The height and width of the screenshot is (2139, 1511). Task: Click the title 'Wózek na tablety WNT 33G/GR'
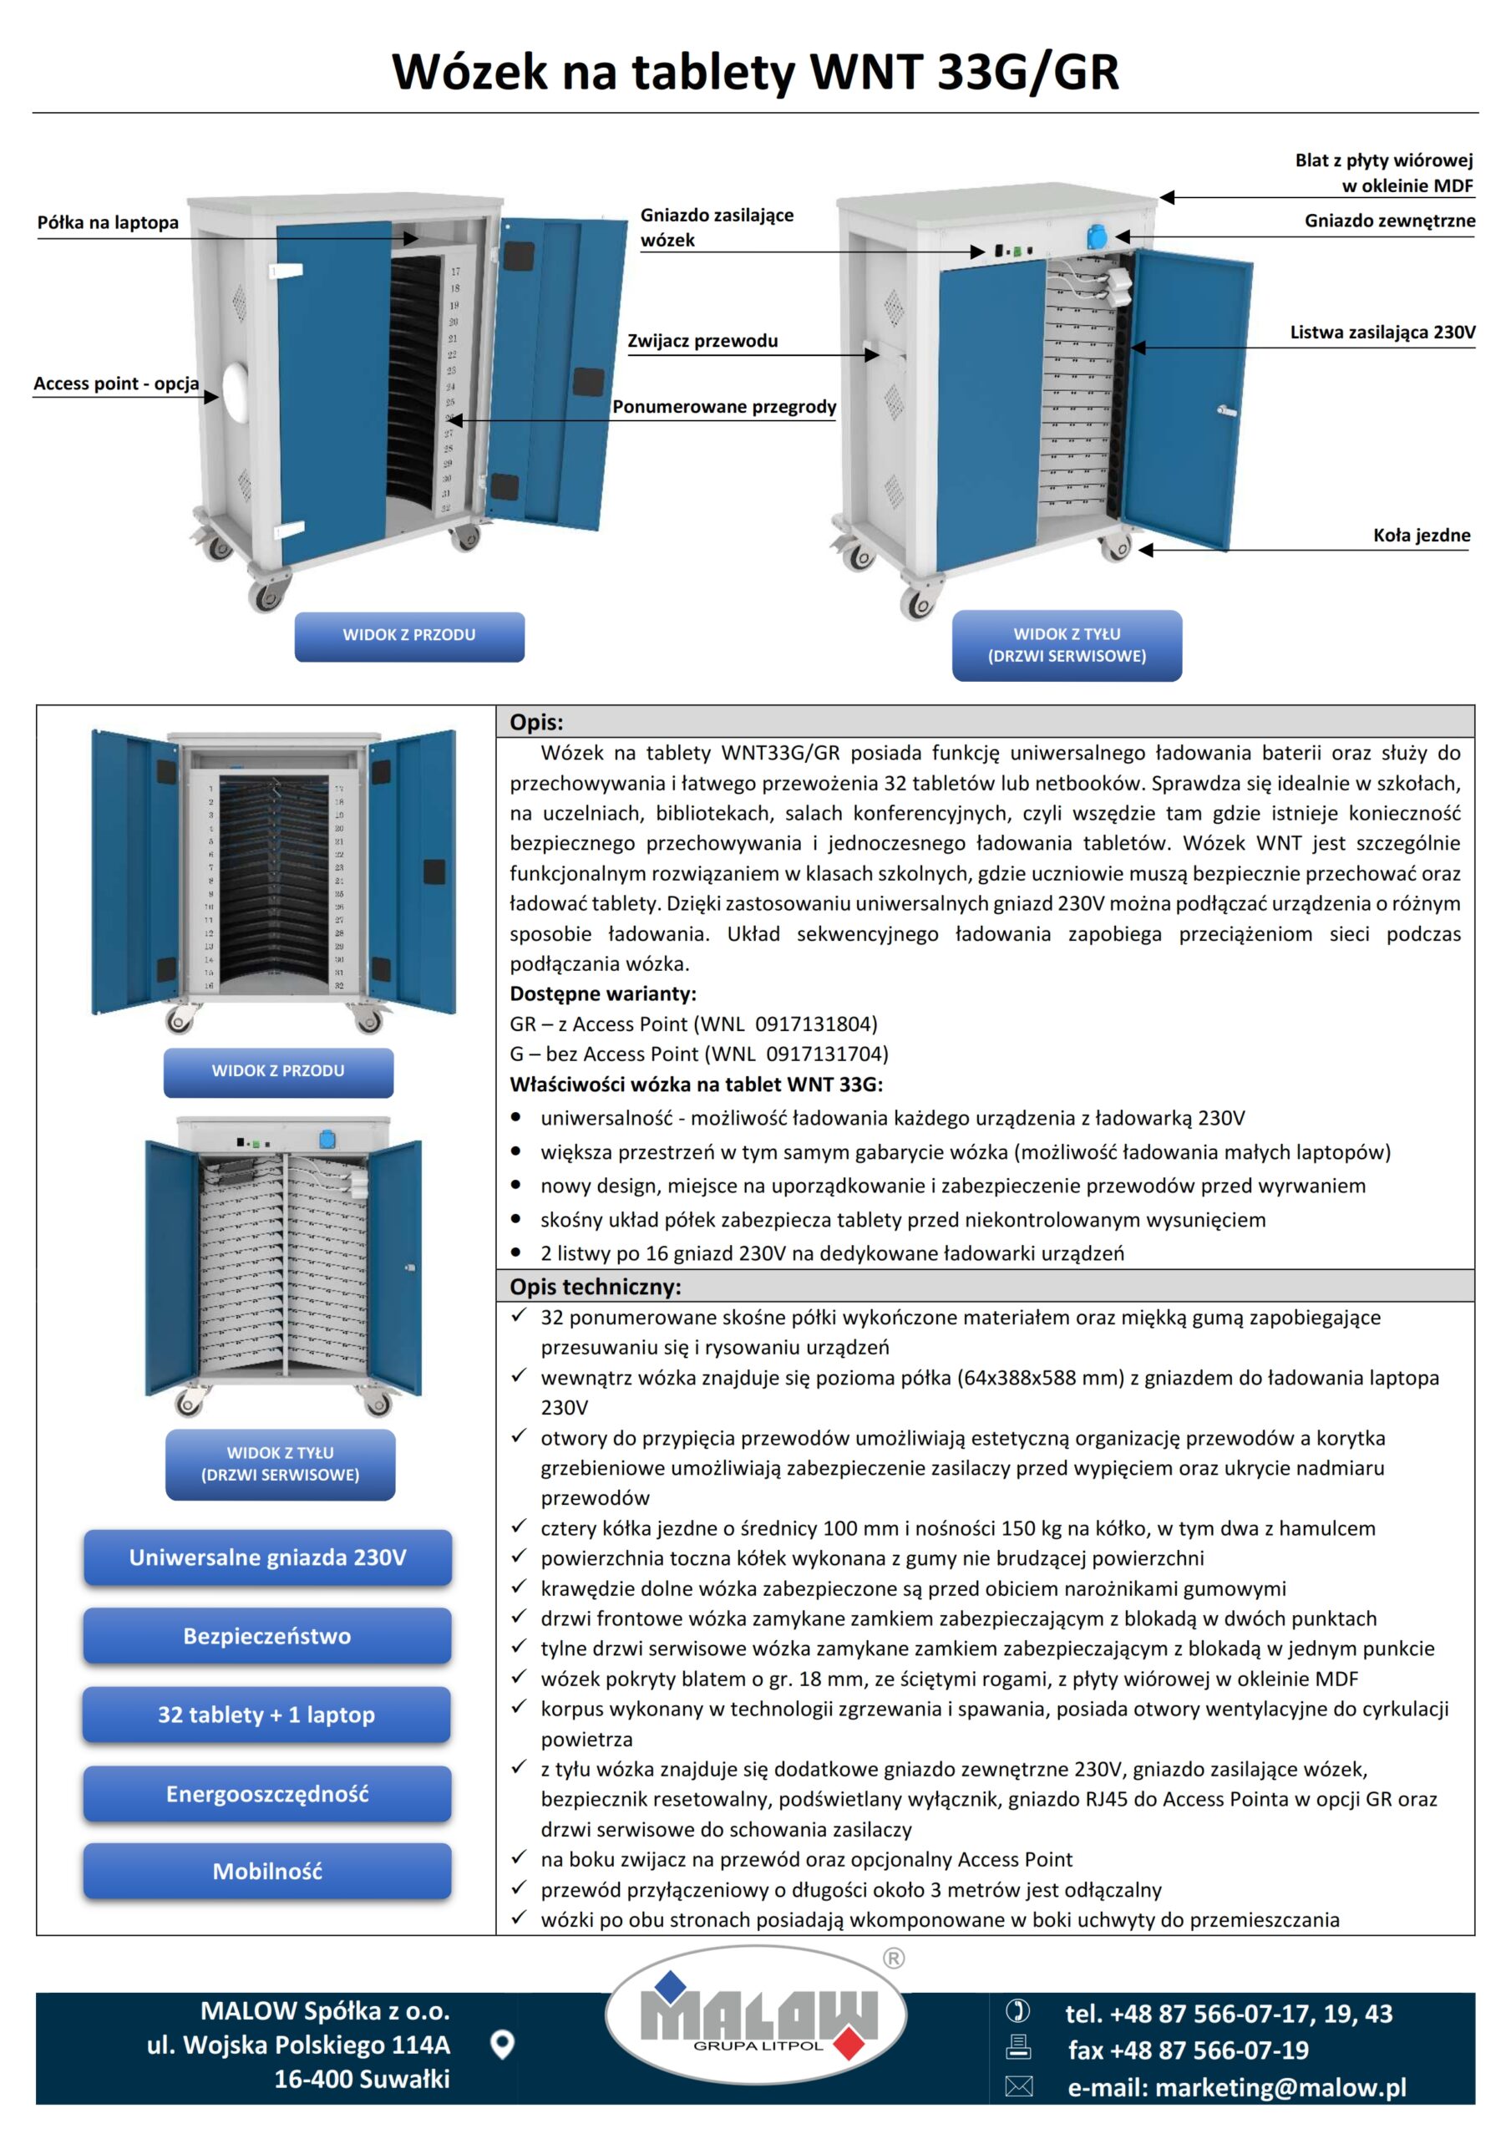point(754,72)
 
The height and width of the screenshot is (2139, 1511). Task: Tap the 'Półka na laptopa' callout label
point(107,222)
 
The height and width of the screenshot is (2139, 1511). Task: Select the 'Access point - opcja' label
point(115,384)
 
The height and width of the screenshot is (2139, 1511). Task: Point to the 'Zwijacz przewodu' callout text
point(702,341)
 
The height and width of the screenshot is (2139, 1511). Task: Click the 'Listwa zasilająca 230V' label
point(1382,333)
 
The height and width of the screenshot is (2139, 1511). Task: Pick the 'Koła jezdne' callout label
point(1421,536)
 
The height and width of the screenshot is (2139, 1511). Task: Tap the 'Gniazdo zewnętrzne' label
point(1389,221)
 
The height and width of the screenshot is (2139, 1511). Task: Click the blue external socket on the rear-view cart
point(1098,236)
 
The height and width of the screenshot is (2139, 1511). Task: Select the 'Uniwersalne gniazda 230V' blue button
point(267,1558)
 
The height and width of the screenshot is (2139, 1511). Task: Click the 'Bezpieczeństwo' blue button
point(267,1637)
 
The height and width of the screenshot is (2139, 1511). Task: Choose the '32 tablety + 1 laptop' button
point(266,1715)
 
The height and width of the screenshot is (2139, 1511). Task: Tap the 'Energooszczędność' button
point(267,1794)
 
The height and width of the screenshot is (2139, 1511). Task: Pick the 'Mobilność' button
point(267,1872)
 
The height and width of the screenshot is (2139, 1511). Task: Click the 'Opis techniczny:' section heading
point(596,1287)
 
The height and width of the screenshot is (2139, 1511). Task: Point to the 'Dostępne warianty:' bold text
point(603,993)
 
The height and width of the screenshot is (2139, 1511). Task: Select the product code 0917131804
point(815,1024)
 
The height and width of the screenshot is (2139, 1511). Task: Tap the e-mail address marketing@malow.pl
point(1236,2088)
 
